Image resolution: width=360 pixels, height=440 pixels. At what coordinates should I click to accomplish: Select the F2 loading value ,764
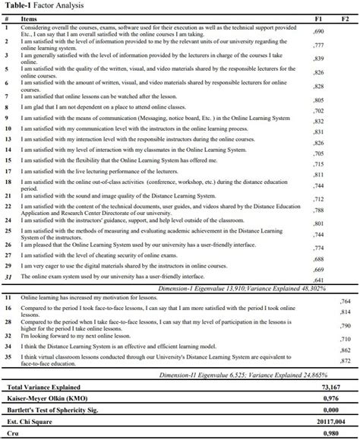pyautogui.click(x=346, y=302)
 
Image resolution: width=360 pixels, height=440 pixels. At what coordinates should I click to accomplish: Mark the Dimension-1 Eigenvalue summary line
pyautogui.click(x=251, y=290)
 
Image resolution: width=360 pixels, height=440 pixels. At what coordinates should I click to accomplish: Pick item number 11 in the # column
pyautogui.click(x=6, y=299)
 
